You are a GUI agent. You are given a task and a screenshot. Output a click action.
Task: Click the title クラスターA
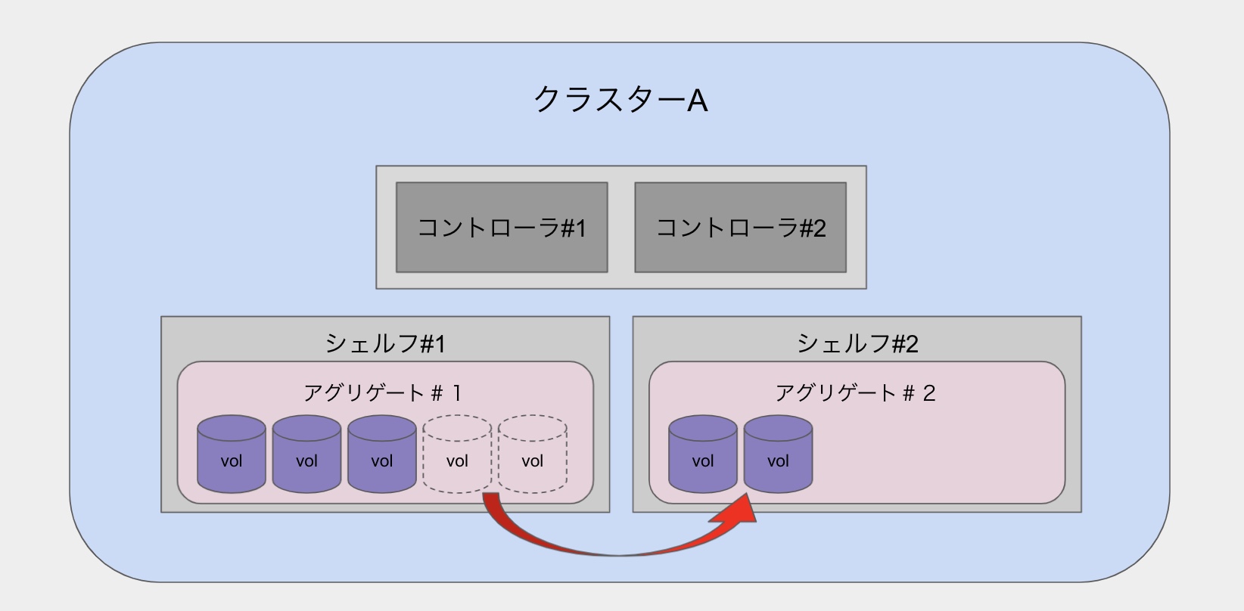tap(620, 100)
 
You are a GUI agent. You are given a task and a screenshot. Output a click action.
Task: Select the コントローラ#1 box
tap(502, 227)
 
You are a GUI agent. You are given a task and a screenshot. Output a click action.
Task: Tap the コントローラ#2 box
tap(740, 227)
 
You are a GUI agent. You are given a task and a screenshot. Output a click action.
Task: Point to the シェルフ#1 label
tap(385, 344)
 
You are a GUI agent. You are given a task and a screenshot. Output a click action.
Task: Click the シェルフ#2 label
tap(857, 344)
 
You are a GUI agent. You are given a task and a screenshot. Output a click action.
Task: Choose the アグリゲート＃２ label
tap(855, 393)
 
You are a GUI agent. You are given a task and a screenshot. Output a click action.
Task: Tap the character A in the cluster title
tap(697, 101)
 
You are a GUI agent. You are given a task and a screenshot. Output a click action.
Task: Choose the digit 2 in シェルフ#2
tap(910, 345)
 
